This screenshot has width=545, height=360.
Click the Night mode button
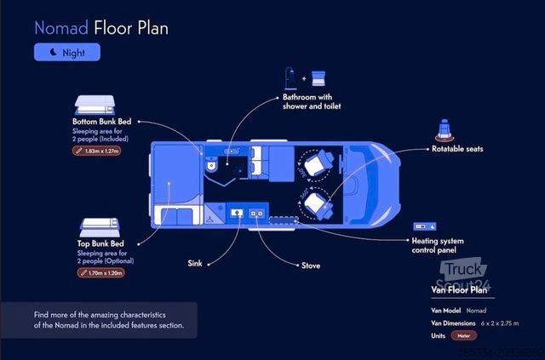click(x=66, y=52)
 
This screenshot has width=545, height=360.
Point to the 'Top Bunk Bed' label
click(x=101, y=243)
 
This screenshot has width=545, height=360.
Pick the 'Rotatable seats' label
click(x=456, y=149)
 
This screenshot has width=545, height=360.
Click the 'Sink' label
click(x=195, y=264)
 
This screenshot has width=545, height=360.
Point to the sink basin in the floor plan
click(x=238, y=209)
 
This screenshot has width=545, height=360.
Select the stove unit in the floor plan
click(x=255, y=209)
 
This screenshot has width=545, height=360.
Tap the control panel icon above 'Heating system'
click(x=424, y=227)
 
